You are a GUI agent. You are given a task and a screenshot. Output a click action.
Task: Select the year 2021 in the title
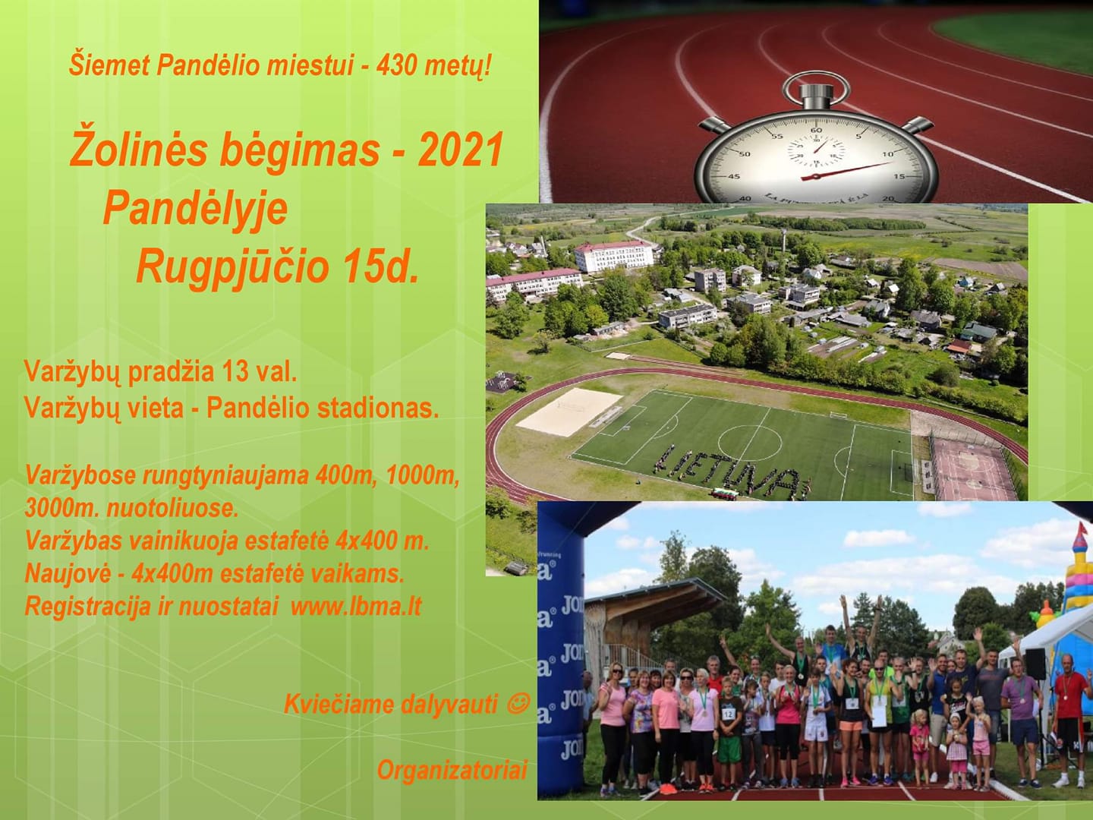[460, 150]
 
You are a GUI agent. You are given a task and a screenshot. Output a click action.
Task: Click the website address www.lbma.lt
[356, 607]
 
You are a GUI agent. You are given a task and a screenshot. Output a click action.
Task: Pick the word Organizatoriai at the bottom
[452, 770]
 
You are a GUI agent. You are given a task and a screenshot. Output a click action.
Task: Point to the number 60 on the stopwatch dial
[816, 131]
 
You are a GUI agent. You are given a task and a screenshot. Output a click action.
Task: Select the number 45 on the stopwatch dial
[733, 176]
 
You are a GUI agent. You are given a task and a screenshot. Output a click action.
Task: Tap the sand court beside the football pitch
[569, 412]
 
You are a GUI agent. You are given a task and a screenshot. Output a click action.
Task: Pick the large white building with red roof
[613, 256]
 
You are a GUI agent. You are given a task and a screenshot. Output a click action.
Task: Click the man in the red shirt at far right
[1069, 721]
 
